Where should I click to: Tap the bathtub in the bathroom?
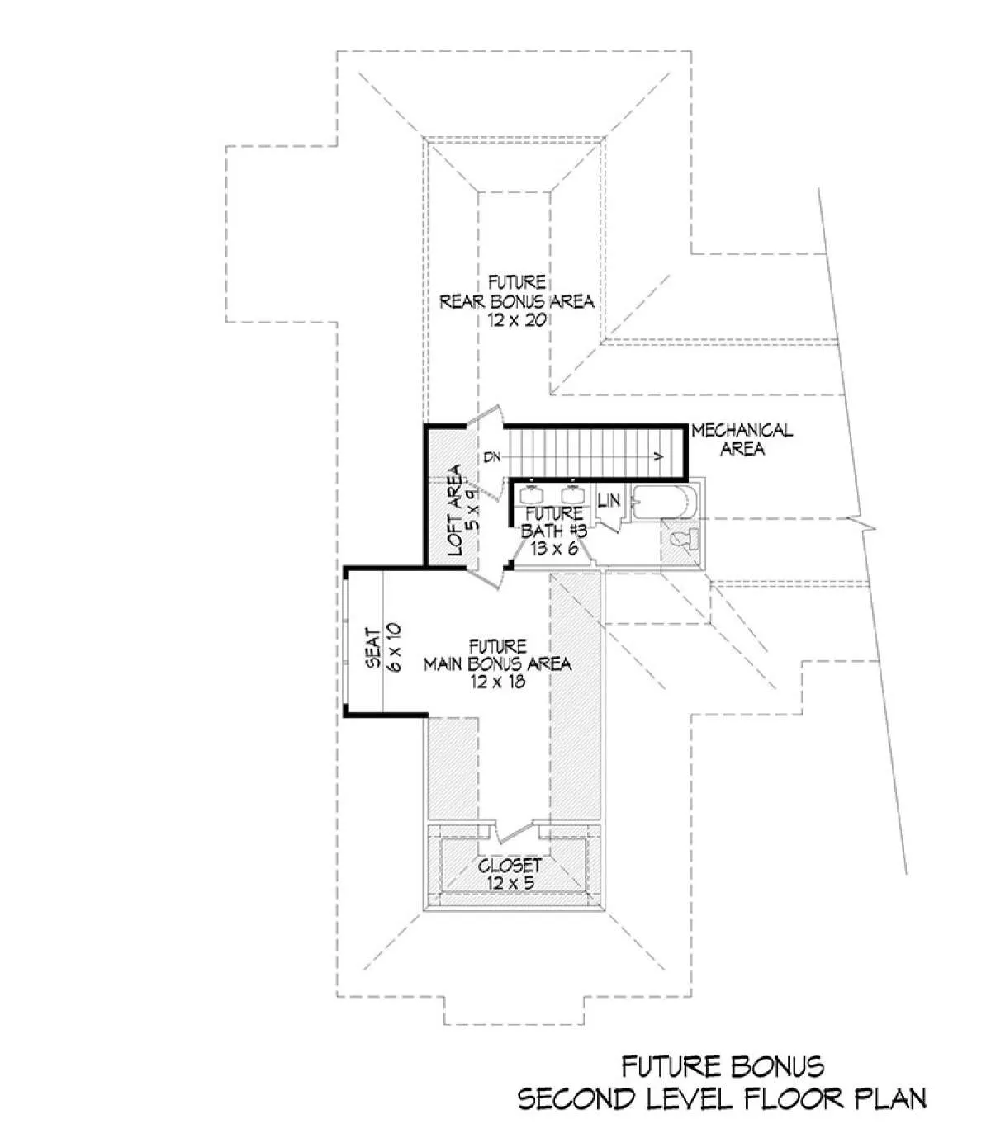pyautogui.click(x=663, y=501)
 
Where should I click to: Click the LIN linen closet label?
pyautogui.click(x=609, y=501)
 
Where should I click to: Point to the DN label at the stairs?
pyautogui.click(x=492, y=457)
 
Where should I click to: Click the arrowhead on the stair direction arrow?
pyautogui.click(x=658, y=456)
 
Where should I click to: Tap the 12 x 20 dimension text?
pyautogui.click(x=516, y=319)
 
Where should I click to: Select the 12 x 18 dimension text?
pyautogui.click(x=497, y=681)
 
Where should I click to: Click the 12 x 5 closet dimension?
pyautogui.click(x=510, y=883)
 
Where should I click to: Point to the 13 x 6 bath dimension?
pyautogui.click(x=553, y=548)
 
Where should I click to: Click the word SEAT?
pyautogui.click(x=372, y=649)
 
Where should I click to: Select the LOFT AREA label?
pyautogui.click(x=454, y=509)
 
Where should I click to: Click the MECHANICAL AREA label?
pyautogui.click(x=742, y=439)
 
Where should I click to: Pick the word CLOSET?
pyautogui.click(x=510, y=866)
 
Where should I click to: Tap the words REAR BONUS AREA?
pyautogui.click(x=517, y=301)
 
